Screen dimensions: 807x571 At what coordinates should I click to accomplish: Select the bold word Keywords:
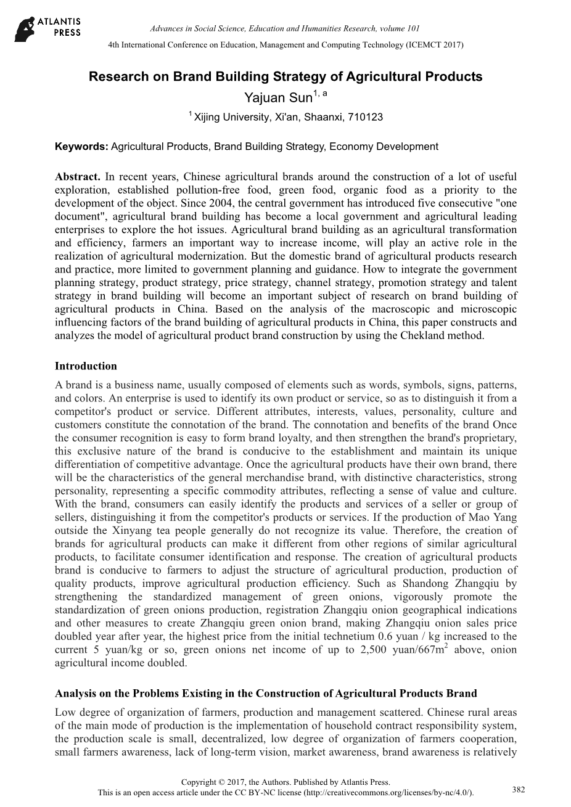point(81,147)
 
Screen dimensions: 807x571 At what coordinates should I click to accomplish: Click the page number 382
point(519,789)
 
